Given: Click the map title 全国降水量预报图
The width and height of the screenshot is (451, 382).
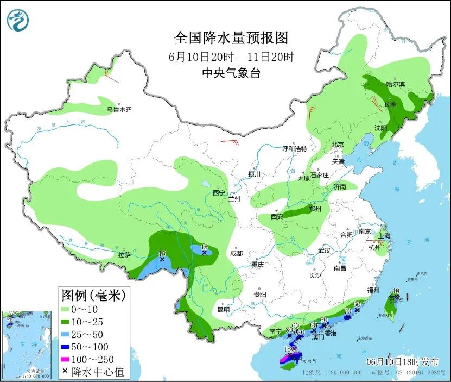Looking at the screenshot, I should (x=231, y=37).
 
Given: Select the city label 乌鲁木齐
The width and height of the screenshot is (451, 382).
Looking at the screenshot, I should (x=119, y=110).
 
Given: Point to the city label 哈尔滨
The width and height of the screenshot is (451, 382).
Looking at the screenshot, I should (x=395, y=84).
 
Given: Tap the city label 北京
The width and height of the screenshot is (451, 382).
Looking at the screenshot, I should (x=338, y=145).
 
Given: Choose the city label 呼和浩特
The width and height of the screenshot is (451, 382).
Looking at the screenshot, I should (x=295, y=148).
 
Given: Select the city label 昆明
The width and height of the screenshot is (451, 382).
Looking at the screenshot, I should (x=223, y=309).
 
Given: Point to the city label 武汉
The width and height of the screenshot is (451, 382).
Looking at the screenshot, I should (x=325, y=251).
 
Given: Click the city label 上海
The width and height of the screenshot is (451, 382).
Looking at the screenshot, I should (x=384, y=236).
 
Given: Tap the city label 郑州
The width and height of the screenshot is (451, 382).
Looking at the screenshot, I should (x=315, y=209).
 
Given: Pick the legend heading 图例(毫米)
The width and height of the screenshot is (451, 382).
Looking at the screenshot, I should (x=93, y=296).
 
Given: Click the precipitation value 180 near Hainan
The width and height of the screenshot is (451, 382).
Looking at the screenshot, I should (x=290, y=349).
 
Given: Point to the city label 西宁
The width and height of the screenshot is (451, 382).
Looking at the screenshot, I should (x=219, y=193).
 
